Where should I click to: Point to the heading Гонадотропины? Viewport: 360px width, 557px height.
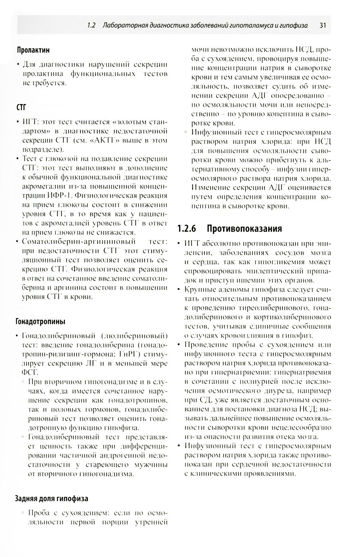pyautogui.click(x=40, y=321)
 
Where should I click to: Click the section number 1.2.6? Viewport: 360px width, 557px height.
pyautogui.click(x=189, y=229)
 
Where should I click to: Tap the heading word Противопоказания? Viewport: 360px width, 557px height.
pyautogui.click(x=244, y=229)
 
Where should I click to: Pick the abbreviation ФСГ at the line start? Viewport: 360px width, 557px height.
pyautogui.click(x=30, y=373)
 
